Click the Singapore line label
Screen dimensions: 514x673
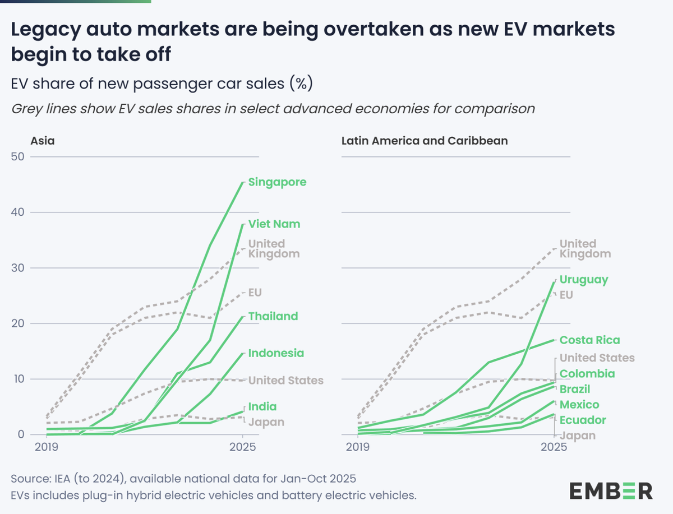(x=278, y=182)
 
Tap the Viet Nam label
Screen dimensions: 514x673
(x=274, y=224)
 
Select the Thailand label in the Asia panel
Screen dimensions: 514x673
(x=273, y=316)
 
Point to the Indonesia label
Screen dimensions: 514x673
(x=276, y=353)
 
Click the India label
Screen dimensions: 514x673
(x=262, y=406)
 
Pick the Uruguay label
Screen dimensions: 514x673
(x=583, y=279)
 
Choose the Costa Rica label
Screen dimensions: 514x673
(x=590, y=340)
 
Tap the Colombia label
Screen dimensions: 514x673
(x=587, y=374)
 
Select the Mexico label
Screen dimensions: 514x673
(x=579, y=405)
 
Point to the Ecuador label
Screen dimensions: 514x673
(x=583, y=420)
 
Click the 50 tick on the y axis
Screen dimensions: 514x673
(x=19, y=156)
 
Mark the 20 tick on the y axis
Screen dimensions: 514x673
(x=19, y=323)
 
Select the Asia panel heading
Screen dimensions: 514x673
(x=43, y=141)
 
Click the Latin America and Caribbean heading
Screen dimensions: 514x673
(x=425, y=141)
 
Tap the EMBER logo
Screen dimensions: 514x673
(x=611, y=490)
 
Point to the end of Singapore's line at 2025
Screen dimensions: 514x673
(x=242, y=183)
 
